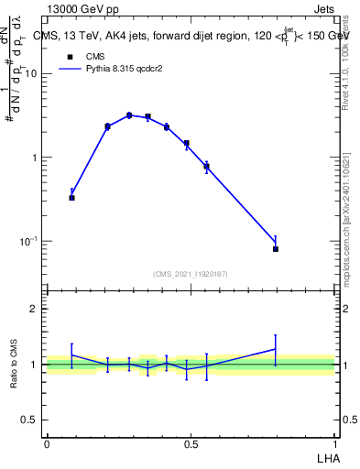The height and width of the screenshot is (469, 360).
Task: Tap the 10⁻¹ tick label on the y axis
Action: [x=30, y=241]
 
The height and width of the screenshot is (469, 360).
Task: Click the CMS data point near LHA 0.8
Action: [x=275, y=248]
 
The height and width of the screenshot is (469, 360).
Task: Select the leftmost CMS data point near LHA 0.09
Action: [x=71, y=197]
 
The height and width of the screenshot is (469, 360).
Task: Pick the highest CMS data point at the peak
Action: [x=129, y=115]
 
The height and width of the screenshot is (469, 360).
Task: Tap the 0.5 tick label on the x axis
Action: [x=191, y=443]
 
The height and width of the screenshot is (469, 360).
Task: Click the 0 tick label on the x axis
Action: [x=46, y=443]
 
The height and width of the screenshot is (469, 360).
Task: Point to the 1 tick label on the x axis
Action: [x=335, y=443]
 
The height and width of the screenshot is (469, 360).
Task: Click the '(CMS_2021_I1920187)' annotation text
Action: [x=190, y=274]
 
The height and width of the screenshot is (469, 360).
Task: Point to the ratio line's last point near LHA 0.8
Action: [x=275, y=349]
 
